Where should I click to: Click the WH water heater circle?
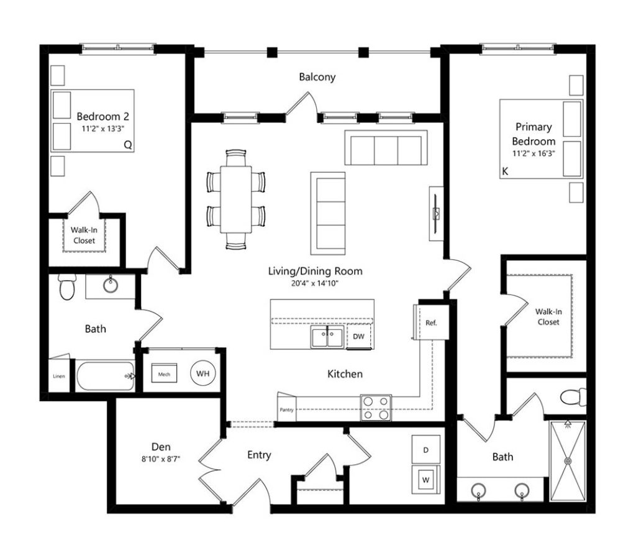203,373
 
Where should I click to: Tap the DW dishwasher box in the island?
359,336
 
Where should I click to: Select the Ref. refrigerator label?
431,323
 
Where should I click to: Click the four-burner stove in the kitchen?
376,408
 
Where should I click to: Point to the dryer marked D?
426,450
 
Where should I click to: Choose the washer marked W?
426,480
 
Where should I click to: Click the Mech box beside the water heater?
164,373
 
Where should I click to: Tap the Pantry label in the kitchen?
286,410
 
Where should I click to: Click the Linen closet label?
59,376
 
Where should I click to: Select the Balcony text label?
317,77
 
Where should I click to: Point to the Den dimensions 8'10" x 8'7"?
161,459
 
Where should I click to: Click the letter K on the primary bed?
505,172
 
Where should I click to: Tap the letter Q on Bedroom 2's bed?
128,145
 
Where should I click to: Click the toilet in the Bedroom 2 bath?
67,287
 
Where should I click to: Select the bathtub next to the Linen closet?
106,376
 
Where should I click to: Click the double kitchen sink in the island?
328,337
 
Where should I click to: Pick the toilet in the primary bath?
573,397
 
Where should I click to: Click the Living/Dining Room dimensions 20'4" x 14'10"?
315,283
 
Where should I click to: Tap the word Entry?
259,455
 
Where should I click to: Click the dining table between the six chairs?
236,199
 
